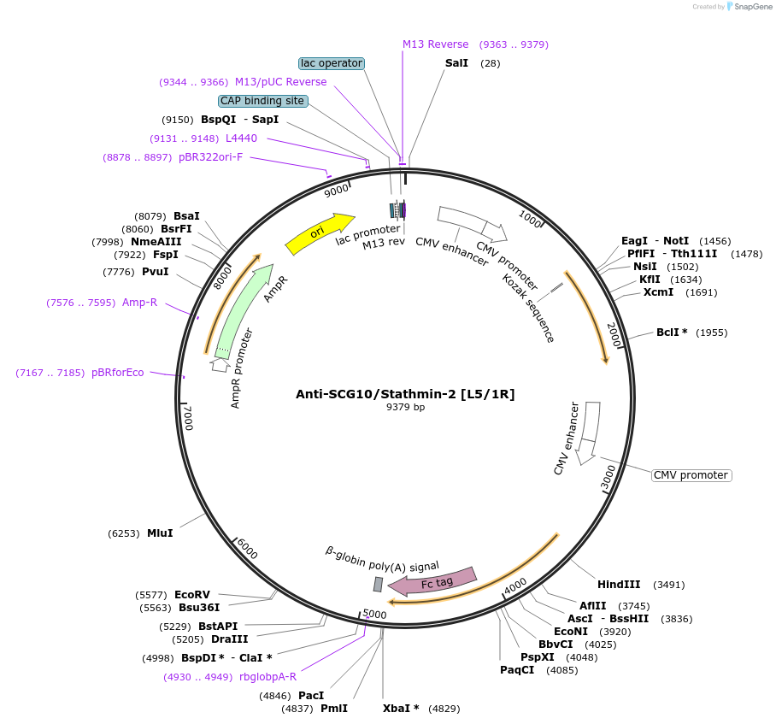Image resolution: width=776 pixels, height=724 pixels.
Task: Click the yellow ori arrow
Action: [319, 233]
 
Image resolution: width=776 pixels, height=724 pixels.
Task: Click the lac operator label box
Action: [332, 63]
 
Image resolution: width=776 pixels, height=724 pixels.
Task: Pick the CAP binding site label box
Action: [262, 101]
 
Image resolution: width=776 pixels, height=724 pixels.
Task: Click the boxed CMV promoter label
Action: [691, 475]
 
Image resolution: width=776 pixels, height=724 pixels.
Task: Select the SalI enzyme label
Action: [456, 63]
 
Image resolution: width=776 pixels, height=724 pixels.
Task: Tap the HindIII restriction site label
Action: [619, 585]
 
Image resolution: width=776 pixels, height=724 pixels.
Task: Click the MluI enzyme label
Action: [160, 533]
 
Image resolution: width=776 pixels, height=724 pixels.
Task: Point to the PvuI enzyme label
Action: [155, 272]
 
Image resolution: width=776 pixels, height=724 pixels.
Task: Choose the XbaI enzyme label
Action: [401, 709]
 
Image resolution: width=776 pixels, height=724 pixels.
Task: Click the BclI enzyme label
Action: [672, 333]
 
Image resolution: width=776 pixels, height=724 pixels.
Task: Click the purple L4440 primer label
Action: [241, 138]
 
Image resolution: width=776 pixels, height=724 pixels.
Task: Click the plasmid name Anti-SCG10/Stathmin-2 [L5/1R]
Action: [405, 394]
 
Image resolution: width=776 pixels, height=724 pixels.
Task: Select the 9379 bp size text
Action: [405, 408]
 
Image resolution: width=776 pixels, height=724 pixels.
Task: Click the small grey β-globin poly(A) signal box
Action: [378, 584]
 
